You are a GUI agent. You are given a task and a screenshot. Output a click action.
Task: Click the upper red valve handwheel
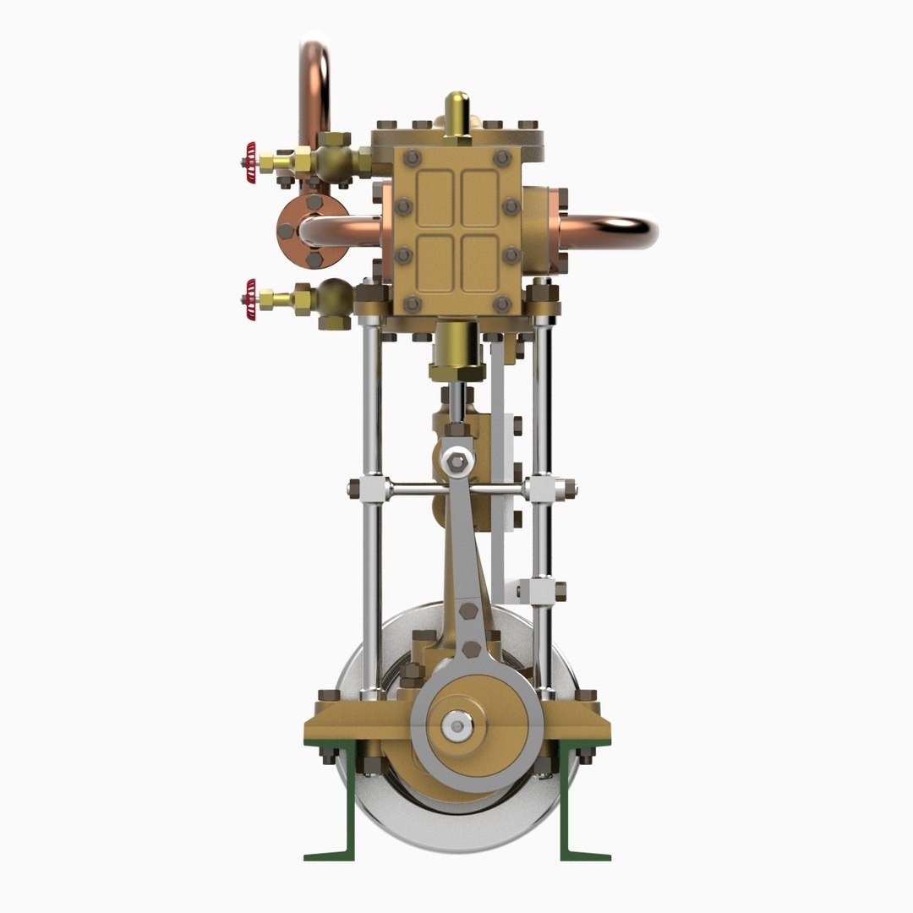[x=250, y=156]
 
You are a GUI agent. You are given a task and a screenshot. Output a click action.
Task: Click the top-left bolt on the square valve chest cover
[x=413, y=157]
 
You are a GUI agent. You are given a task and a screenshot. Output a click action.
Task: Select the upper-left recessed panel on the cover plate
[x=436, y=197]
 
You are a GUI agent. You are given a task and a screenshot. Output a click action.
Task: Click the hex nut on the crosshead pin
[x=457, y=462]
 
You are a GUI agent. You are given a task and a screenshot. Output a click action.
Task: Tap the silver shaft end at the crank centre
[x=457, y=725]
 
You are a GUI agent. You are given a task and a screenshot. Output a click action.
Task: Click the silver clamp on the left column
[x=371, y=488]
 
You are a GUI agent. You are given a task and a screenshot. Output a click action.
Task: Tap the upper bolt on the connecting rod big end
[x=470, y=610]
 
